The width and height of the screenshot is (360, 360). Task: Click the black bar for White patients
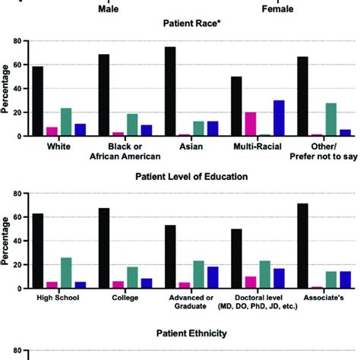tap(38, 102)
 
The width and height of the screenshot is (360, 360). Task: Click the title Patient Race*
tap(179, 24)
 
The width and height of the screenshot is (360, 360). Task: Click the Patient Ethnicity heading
tap(179, 333)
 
